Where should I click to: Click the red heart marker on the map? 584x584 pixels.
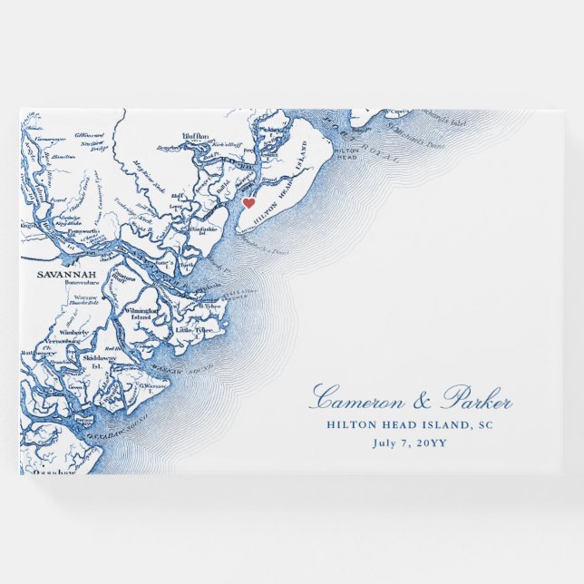[248, 203]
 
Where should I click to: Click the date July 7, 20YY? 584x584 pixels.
[411, 443]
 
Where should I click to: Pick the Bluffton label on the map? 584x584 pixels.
[195, 136]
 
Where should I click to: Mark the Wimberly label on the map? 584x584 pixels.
[74, 333]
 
